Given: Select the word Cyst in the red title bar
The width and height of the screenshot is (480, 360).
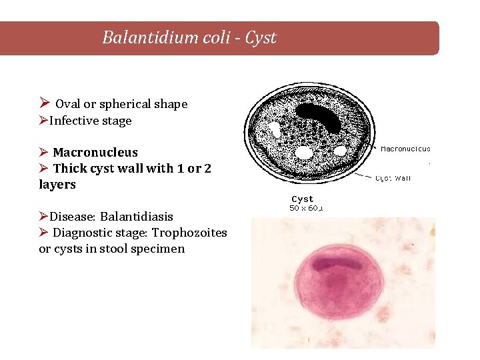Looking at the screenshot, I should [x=261, y=38].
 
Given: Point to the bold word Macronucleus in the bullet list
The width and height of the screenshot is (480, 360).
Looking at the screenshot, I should [x=95, y=153].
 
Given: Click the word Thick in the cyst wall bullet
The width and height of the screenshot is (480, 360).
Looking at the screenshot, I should [x=70, y=169].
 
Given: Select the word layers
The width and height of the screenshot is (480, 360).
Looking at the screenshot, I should [x=57, y=185].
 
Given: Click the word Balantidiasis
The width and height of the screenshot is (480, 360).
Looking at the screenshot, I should [x=137, y=217].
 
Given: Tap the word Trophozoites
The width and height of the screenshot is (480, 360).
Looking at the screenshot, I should [x=189, y=233].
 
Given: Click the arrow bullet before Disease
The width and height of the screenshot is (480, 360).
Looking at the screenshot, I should [x=43, y=217].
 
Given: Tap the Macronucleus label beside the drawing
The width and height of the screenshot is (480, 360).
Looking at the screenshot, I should [x=405, y=149].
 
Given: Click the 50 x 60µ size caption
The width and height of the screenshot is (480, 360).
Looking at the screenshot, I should [x=306, y=208].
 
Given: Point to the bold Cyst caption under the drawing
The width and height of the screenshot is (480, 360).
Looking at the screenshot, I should [x=303, y=199].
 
